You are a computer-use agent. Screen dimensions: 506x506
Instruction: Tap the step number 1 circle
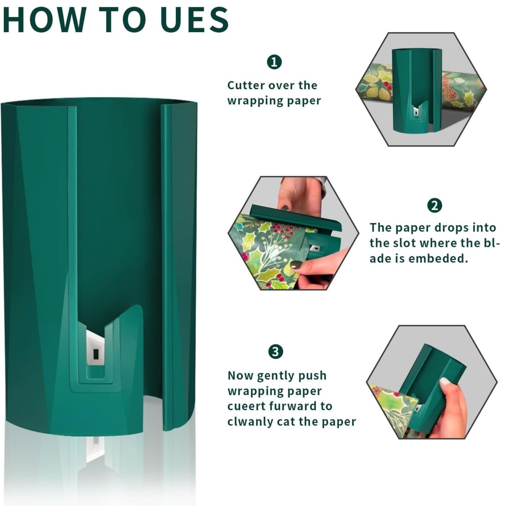(274, 62)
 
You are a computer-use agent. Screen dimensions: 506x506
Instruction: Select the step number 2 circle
(435, 206)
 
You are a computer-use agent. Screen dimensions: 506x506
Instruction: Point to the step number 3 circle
(275, 352)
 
